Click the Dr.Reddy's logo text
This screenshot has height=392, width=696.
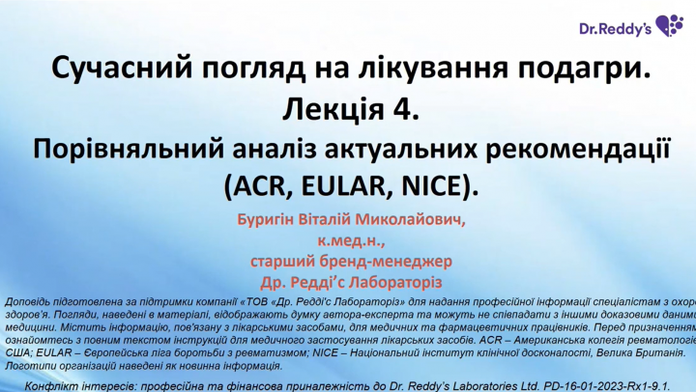point(615,28)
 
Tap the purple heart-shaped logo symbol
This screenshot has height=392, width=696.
point(669,25)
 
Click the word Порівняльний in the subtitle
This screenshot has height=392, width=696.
point(129,150)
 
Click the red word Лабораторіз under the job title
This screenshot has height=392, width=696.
point(396,282)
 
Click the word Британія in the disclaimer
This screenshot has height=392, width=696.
point(658,353)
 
